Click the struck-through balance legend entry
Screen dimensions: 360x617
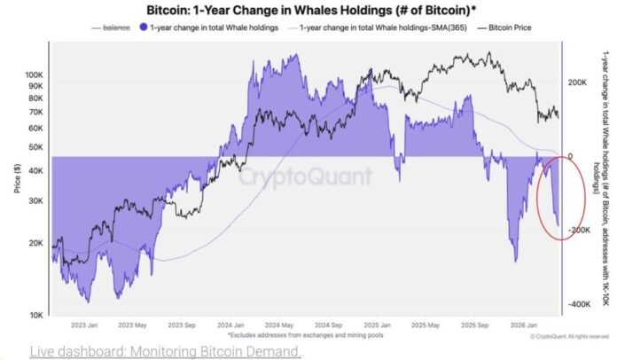115,27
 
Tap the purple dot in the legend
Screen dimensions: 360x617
142,27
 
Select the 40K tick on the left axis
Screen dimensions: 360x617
36,171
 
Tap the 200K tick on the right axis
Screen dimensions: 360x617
579,82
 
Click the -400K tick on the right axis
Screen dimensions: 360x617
581,304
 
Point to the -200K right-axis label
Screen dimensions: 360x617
581,231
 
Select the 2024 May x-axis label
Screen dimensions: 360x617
282,325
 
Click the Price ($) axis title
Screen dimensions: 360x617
17,181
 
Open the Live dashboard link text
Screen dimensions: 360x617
165,350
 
